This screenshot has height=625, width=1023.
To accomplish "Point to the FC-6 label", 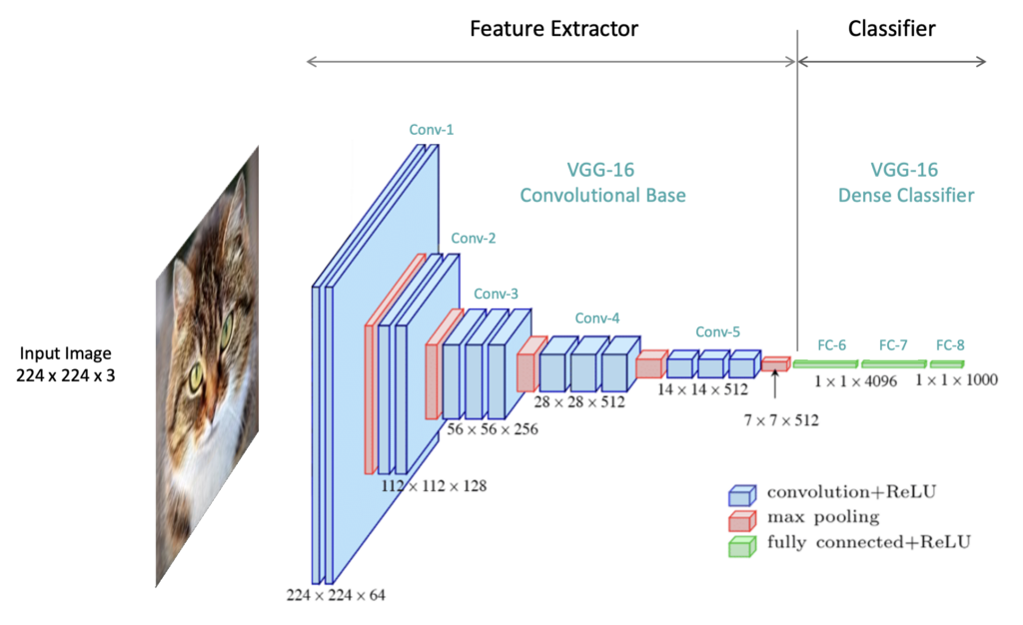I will pyautogui.click(x=831, y=345).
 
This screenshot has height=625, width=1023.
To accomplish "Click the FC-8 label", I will pyautogui.click(x=950, y=345).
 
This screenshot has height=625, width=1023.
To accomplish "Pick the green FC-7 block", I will pyautogui.click(x=892, y=363).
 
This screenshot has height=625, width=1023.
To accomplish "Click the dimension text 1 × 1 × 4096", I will pyautogui.click(x=855, y=381).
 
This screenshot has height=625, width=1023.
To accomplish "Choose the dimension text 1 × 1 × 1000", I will pyautogui.click(x=956, y=381).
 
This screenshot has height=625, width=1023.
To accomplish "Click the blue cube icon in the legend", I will pyautogui.click(x=740, y=494).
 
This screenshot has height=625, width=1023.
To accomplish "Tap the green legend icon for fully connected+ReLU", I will pyautogui.click(x=740, y=545).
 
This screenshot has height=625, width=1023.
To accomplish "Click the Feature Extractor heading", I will pyautogui.click(x=553, y=29).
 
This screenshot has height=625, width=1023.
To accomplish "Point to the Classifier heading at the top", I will pyautogui.click(x=891, y=29).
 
